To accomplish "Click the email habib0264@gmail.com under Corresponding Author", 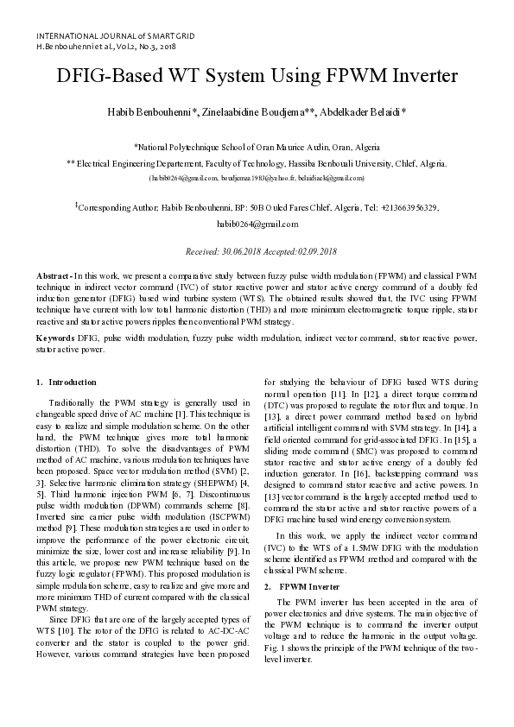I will click(257, 224).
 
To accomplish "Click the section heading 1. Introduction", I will click(67, 382).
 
